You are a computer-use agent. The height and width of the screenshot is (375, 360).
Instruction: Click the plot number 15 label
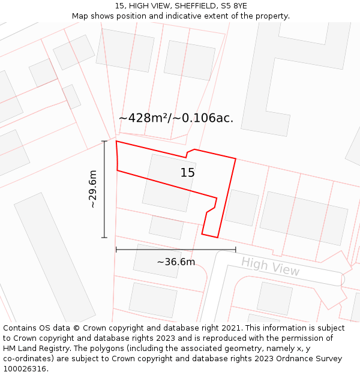(188, 173)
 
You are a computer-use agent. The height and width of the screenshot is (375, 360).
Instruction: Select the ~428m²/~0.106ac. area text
(176, 118)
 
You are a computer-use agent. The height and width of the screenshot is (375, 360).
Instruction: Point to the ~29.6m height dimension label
(92, 189)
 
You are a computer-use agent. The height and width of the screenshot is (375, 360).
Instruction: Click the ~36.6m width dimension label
(176, 262)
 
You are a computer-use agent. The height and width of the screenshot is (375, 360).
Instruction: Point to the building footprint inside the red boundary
(168, 183)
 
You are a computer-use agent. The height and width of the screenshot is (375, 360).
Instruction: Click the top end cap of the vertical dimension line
(104, 142)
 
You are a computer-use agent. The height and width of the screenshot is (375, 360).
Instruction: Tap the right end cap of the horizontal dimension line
(236, 250)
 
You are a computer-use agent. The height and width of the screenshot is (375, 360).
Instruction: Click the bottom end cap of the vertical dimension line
(104, 238)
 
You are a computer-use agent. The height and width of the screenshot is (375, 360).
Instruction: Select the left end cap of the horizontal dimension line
(116, 250)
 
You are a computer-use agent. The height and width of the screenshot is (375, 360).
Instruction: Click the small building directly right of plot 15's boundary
(242, 208)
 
